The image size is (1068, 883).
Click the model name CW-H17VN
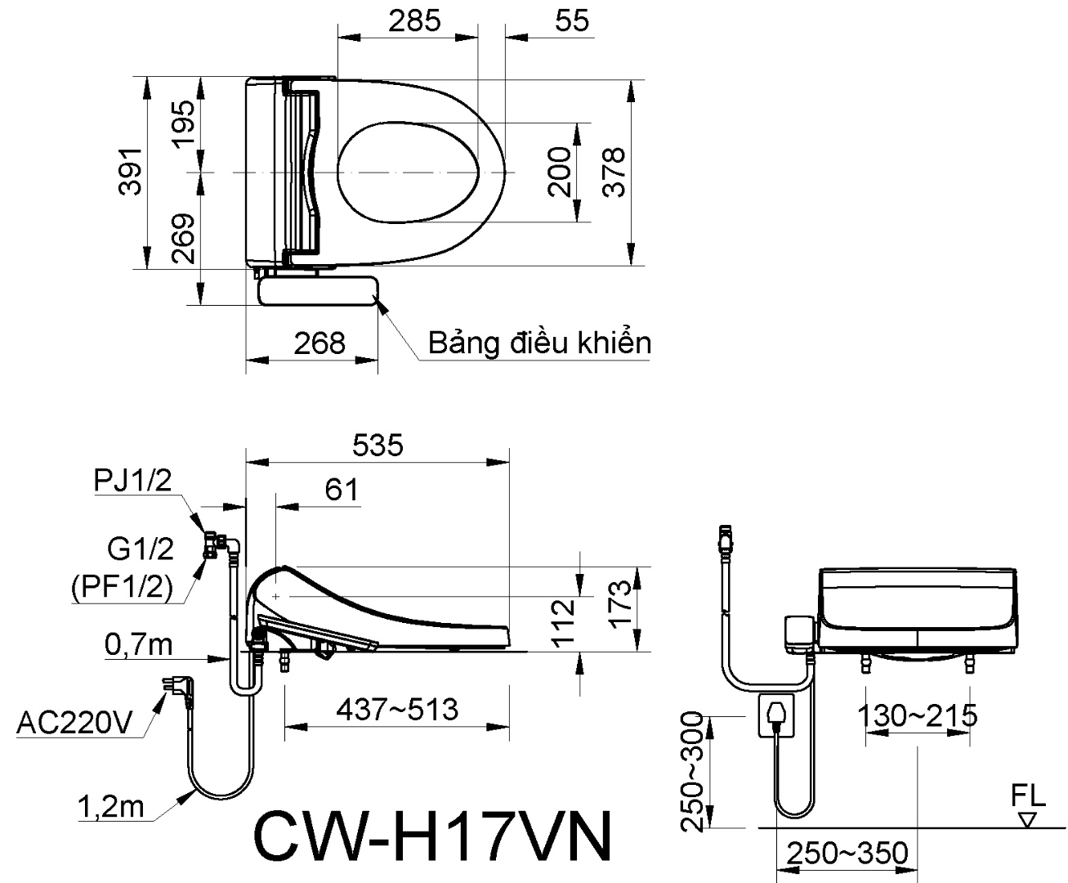click(432, 836)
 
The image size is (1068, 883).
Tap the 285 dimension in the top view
click(413, 20)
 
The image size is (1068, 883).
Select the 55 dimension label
click(572, 20)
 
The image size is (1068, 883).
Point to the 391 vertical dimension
click(131, 173)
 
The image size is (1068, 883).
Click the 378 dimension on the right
click(614, 173)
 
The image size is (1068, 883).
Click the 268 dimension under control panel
click(320, 343)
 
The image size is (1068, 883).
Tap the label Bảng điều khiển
click(540, 343)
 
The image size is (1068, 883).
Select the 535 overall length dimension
click(378, 445)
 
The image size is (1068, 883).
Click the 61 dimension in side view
click(342, 489)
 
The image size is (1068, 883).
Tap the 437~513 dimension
click(397, 709)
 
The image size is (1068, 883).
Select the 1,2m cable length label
click(110, 807)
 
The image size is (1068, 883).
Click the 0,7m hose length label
click(138, 645)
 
